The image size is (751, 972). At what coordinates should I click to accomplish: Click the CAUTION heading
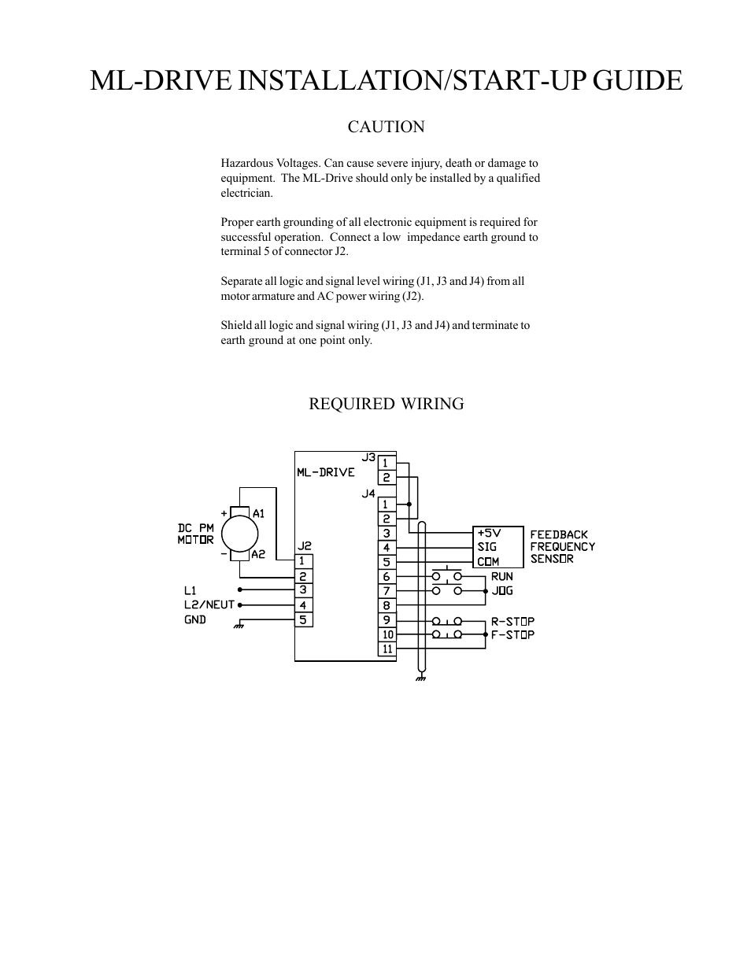(x=386, y=127)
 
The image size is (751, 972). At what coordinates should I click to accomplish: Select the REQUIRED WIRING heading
(x=386, y=404)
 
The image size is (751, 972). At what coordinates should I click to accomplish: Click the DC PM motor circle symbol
(x=240, y=534)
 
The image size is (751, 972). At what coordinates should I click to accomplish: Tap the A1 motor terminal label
(x=258, y=514)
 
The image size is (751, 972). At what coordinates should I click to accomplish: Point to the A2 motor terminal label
(x=258, y=555)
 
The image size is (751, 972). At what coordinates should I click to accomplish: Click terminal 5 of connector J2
(x=303, y=620)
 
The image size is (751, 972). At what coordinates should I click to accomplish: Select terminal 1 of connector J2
(x=303, y=561)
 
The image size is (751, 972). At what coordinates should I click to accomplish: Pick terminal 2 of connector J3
(x=387, y=478)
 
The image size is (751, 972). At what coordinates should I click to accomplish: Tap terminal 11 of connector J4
(x=387, y=649)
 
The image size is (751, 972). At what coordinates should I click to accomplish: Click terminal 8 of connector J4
(x=387, y=606)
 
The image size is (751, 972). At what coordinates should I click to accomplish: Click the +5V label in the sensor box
(x=489, y=533)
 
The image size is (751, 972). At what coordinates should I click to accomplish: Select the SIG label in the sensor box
(x=486, y=547)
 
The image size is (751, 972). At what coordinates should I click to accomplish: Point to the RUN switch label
(x=502, y=577)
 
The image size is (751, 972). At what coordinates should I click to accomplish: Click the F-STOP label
(x=512, y=634)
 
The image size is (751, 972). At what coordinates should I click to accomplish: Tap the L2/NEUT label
(x=209, y=605)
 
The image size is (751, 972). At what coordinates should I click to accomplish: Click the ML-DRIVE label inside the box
(x=326, y=472)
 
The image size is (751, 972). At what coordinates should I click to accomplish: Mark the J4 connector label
(x=368, y=493)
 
